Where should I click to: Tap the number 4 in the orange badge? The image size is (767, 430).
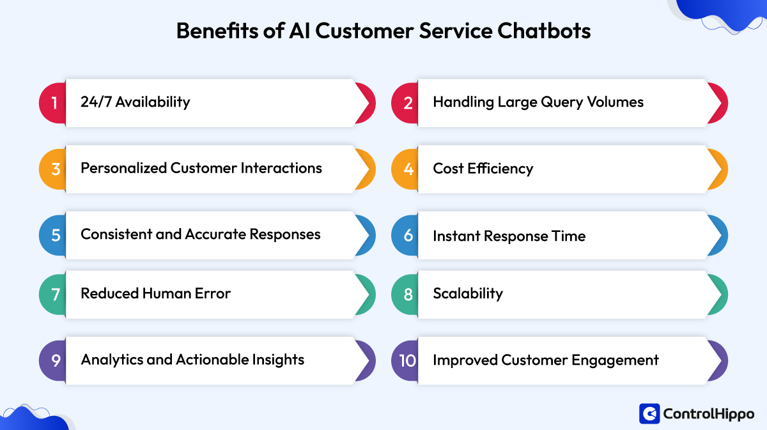point(408,169)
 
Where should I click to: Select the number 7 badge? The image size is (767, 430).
point(55,294)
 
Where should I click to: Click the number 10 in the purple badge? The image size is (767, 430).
point(407,360)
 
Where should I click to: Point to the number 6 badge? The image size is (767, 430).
point(408,236)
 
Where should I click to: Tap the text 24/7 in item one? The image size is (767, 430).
point(96,102)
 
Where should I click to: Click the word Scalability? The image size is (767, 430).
point(468,294)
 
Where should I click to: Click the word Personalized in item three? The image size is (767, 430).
point(123,169)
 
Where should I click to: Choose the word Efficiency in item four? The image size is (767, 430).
point(502,169)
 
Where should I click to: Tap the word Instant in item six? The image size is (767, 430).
point(455,236)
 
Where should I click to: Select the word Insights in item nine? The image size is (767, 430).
point(278,360)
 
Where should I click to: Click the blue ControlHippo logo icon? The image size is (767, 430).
point(649,414)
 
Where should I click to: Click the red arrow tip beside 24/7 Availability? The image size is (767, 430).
point(366,102)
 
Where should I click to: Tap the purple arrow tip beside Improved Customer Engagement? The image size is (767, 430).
point(718,360)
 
